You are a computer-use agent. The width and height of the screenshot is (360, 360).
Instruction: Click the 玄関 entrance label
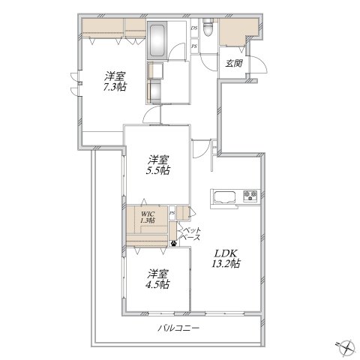coord(234,63)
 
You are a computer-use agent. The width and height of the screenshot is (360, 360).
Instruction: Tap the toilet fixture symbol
coord(207,27)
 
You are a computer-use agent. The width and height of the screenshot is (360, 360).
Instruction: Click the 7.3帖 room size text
coord(115,87)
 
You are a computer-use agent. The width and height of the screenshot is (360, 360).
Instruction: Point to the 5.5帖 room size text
coord(157,170)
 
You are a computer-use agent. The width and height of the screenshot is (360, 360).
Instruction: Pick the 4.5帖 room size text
coord(157,284)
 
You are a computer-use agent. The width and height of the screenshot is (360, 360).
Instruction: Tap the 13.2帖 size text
coord(226,264)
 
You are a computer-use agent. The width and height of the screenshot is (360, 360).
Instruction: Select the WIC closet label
coord(148,214)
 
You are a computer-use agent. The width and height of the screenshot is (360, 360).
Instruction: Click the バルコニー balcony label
coord(178,328)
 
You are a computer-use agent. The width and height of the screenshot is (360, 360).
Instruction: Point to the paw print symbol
coord(173,243)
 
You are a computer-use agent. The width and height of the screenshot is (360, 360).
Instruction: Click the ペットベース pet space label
coord(190,234)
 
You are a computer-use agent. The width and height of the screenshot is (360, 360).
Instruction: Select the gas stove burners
coord(250,195)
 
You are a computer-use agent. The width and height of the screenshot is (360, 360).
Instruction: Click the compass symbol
coord(346,347)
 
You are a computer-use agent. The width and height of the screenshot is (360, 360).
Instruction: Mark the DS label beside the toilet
coord(194,28)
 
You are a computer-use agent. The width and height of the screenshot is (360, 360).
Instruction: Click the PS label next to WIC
coord(172,213)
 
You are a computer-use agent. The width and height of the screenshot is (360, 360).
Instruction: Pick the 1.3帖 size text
coord(148,220)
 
